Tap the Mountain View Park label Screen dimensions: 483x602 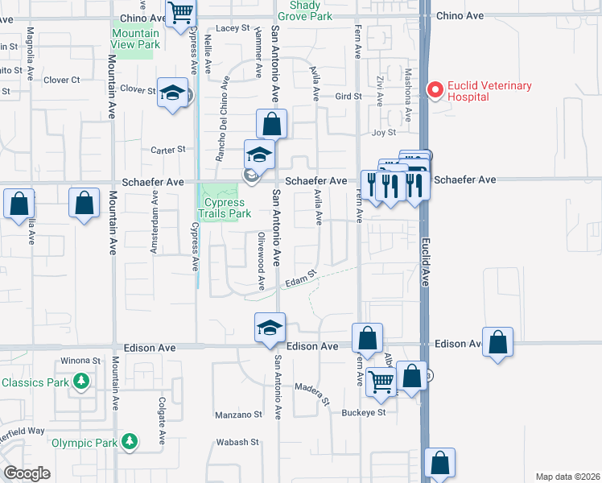(135, 39)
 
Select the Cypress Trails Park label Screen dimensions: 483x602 (225, 208)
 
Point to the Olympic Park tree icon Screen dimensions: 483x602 (129, 442)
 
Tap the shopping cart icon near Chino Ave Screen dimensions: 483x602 (181, 13)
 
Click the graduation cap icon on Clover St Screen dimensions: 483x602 (173, 93)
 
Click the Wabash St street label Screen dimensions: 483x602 (237, 442)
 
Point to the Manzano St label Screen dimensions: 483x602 (238, 415)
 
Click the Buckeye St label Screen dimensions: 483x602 (364, 412)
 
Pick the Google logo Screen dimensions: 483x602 (27, 473)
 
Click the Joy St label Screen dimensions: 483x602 (385, 132)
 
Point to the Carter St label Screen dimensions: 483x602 (168, 150)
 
